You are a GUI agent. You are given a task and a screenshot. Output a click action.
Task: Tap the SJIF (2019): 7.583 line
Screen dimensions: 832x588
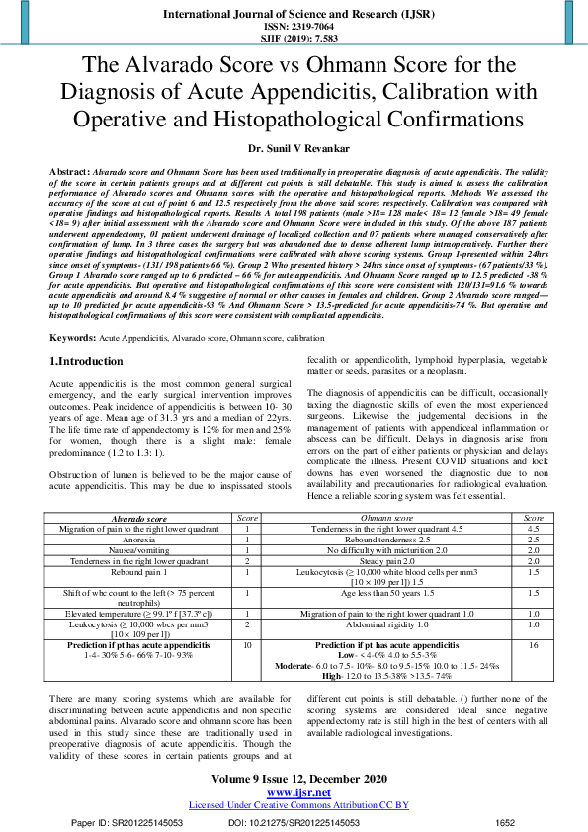293,40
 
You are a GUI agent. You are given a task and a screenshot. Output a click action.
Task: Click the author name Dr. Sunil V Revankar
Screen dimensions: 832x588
293,148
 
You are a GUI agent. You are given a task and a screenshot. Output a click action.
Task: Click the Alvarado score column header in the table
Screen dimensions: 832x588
139,518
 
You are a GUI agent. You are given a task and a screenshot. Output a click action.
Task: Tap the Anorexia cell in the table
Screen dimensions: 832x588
139,540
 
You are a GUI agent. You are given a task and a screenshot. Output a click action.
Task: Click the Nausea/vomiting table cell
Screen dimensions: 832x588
139,550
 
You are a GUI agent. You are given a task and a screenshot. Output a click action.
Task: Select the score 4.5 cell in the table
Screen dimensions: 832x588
533,529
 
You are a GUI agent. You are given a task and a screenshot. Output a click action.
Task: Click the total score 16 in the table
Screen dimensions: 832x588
533,644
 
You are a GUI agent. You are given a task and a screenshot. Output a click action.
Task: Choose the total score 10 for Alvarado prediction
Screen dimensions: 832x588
246,644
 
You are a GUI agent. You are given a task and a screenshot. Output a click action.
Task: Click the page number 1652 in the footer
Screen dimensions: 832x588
505,822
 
